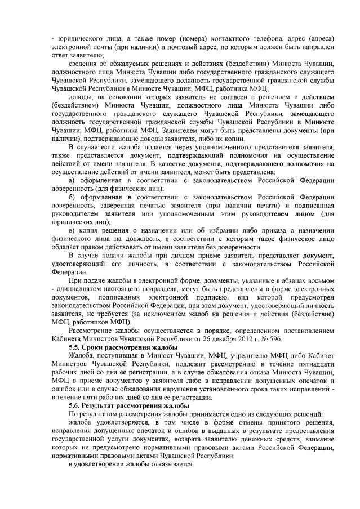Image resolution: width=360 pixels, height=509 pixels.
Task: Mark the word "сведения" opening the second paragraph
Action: coord(83,64)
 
